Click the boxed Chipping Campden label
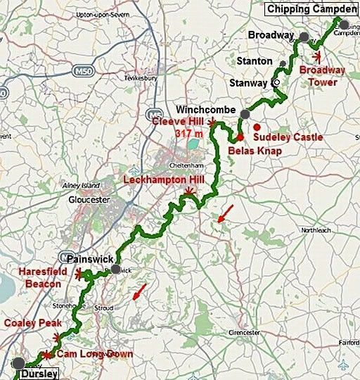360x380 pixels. click(311, 8)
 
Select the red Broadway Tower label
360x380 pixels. click(323, 75)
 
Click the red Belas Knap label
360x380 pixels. click(255, 150)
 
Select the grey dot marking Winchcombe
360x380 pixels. click(245, 114)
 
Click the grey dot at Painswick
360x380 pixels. click(115, 269)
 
